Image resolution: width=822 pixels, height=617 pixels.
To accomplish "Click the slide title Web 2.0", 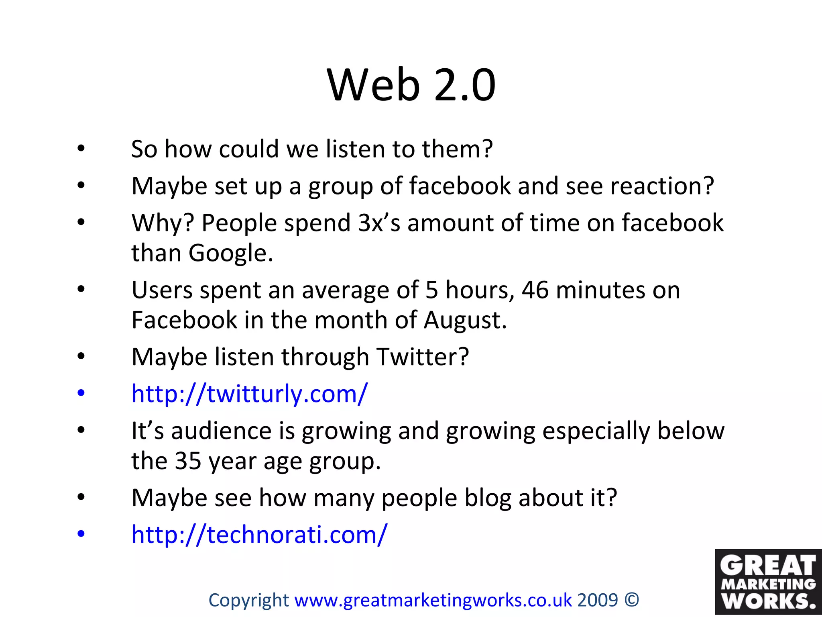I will pyautogui.click(x=411, y=85).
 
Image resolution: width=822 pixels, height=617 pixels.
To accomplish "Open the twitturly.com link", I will pyautogui.click(x=249, y=394).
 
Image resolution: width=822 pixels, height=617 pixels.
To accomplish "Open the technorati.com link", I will pyautogui.click(x=259, y=535).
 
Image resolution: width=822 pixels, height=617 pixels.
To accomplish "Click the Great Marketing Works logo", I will pyautogui.click(x=768, y=582).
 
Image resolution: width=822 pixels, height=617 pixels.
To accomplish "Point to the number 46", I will pyautogui.click(x=535, y=290).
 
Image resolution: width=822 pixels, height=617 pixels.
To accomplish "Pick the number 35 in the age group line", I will pyautogui.click(x=187, y=461).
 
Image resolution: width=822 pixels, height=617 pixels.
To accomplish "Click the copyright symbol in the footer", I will pyautogui.click(x=632, y=600).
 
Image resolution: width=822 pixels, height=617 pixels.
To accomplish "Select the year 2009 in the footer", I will pyautogui.click(x=597, y=600).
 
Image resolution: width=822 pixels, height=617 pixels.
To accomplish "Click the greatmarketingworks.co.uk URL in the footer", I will pyautogui.click(x=433, y=600).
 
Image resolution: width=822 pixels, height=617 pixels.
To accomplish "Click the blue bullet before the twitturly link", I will pyautogui.click(x=81, y=393).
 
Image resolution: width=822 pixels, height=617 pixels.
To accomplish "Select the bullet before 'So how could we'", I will pyautogui.click(x=81, y=149).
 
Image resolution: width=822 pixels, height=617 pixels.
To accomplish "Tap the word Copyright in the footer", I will pyautogui.click(x=248, y=600).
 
